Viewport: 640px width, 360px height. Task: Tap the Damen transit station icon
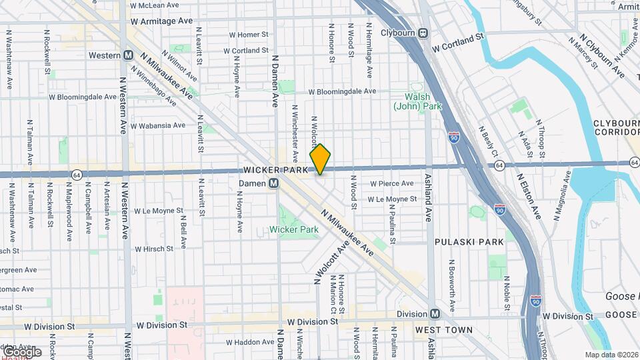(273, 183)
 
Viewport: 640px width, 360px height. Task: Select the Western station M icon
(127, 55)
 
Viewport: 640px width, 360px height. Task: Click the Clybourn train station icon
(423, 33)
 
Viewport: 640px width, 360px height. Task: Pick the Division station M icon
(435, 314)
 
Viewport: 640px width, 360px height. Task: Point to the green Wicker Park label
(294, 229)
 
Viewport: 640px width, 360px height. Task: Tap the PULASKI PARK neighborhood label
(469, 242)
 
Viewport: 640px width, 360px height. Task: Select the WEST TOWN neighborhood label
(443, 330)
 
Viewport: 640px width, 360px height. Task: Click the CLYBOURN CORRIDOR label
(615, 127)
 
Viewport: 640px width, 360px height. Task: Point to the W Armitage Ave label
(162, 21)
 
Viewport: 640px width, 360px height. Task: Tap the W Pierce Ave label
(391, 183)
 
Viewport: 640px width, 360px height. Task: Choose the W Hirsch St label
(154, 249)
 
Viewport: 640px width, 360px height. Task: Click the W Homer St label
(248, 35)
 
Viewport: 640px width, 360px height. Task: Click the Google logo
(22, 351)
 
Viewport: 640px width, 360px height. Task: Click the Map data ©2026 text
(611, 355)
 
